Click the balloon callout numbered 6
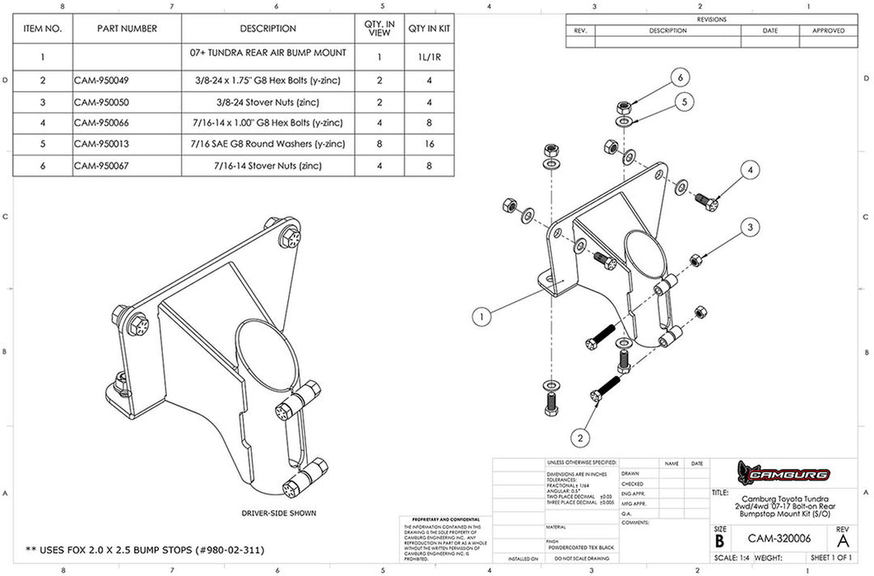click(680, 78)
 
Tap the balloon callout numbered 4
click(750, 171)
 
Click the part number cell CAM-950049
click(102, 81)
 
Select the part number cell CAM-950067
click(102, 166)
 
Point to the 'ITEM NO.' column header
click(42, 29)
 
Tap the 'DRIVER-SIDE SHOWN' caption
click(278, 513)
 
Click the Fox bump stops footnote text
click(145, 549)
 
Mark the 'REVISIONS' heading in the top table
click(711, 19)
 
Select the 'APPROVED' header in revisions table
click(828, 30)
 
